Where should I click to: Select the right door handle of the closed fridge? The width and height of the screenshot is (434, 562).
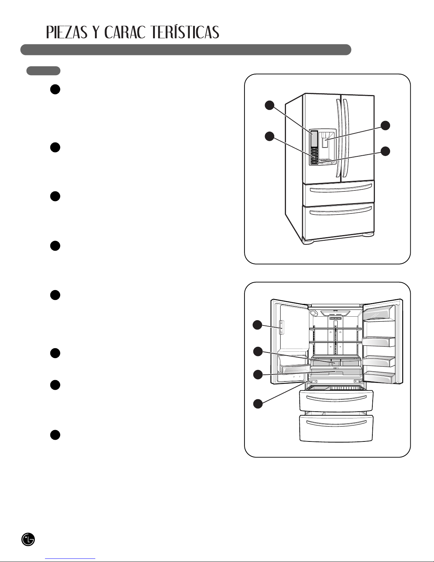tap(345, 138)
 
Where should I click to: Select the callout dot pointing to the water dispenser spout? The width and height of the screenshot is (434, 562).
tap(385, 125)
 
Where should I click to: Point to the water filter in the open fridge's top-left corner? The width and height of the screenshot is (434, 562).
tap(314, 313)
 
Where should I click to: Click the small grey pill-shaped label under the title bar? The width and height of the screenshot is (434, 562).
tap(43, 71)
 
